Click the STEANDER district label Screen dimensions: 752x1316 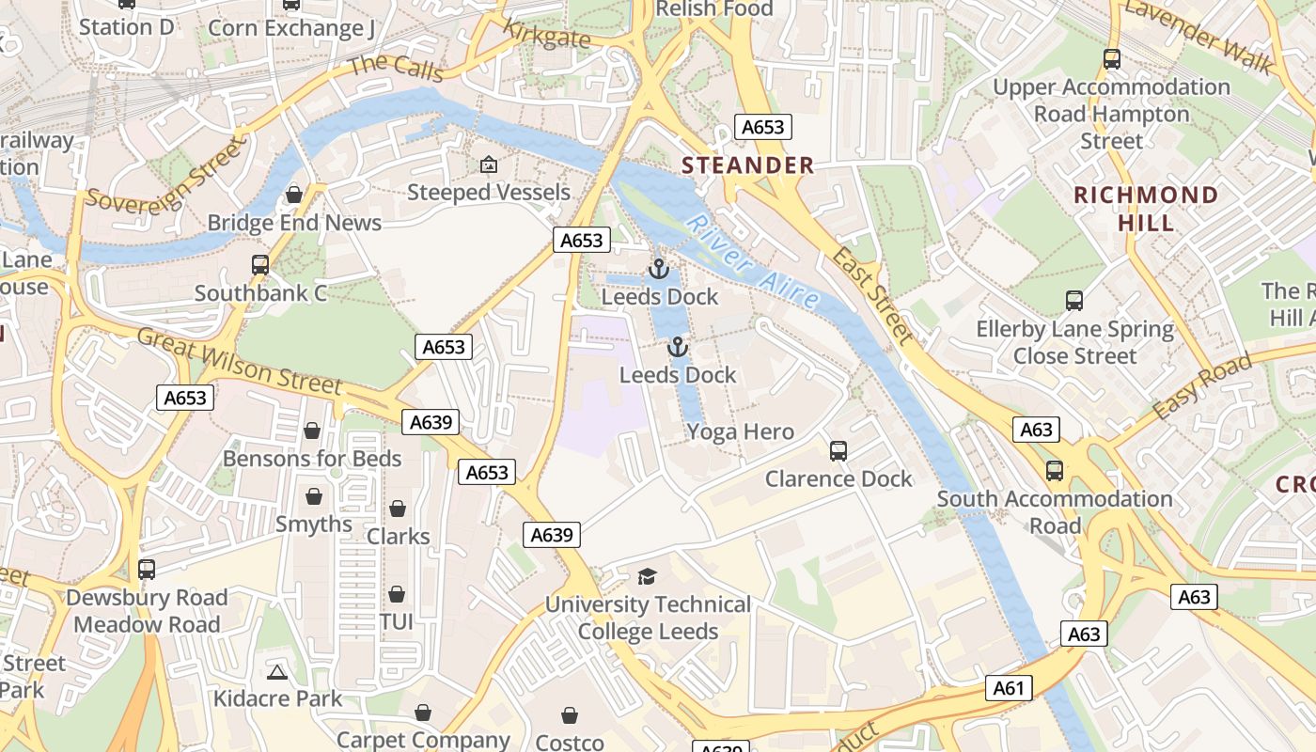747,165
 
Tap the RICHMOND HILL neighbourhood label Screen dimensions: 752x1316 1146,209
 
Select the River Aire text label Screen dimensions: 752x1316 752,262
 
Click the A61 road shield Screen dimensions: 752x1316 1009,688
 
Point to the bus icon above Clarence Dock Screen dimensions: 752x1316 838,451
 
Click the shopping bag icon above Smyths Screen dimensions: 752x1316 314,496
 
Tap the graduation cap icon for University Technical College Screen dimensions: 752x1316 647,576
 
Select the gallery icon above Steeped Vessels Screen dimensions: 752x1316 488,165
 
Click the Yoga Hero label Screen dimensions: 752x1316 740,432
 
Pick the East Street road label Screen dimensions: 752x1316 872,297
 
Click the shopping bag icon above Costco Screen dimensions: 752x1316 570,716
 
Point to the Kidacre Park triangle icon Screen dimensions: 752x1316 276,672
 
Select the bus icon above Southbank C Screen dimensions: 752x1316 260,265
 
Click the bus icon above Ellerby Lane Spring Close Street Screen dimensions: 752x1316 1074,302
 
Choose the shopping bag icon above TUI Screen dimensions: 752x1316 397,595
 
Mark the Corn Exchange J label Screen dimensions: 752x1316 290,28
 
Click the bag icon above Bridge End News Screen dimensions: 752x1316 294,195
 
